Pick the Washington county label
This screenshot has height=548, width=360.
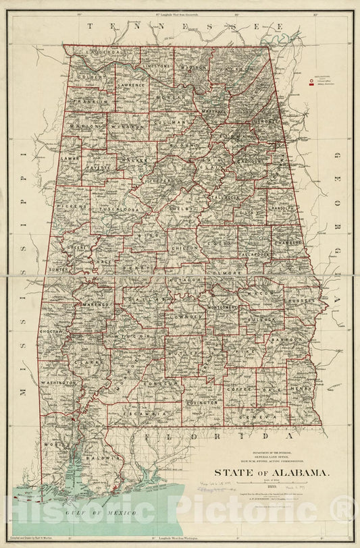click(x=59, y=383)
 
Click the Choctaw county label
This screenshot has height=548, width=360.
click(x=52, y=333)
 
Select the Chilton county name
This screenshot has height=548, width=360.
click(x=184, y=248)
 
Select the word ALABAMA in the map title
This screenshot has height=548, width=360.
click(x=288, y=472)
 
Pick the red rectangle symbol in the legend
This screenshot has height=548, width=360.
click(x=311, y=85)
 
